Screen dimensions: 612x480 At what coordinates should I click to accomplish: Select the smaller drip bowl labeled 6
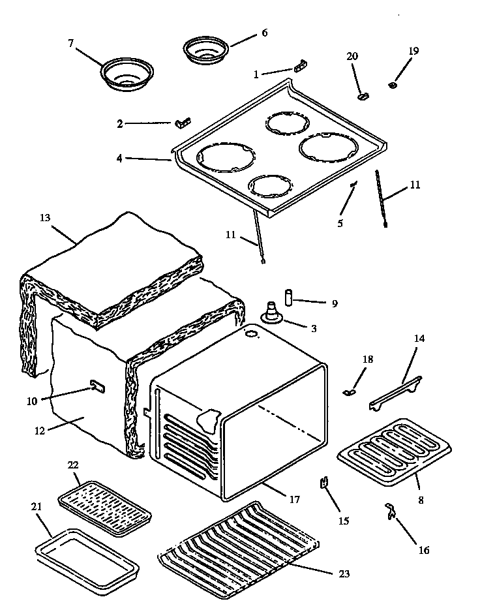tap(205, 52)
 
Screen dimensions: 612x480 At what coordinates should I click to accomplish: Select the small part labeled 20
tap(363, 96)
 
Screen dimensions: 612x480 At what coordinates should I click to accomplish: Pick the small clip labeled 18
tap(348, 392)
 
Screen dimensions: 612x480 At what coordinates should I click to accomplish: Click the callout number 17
tap(294, 500)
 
